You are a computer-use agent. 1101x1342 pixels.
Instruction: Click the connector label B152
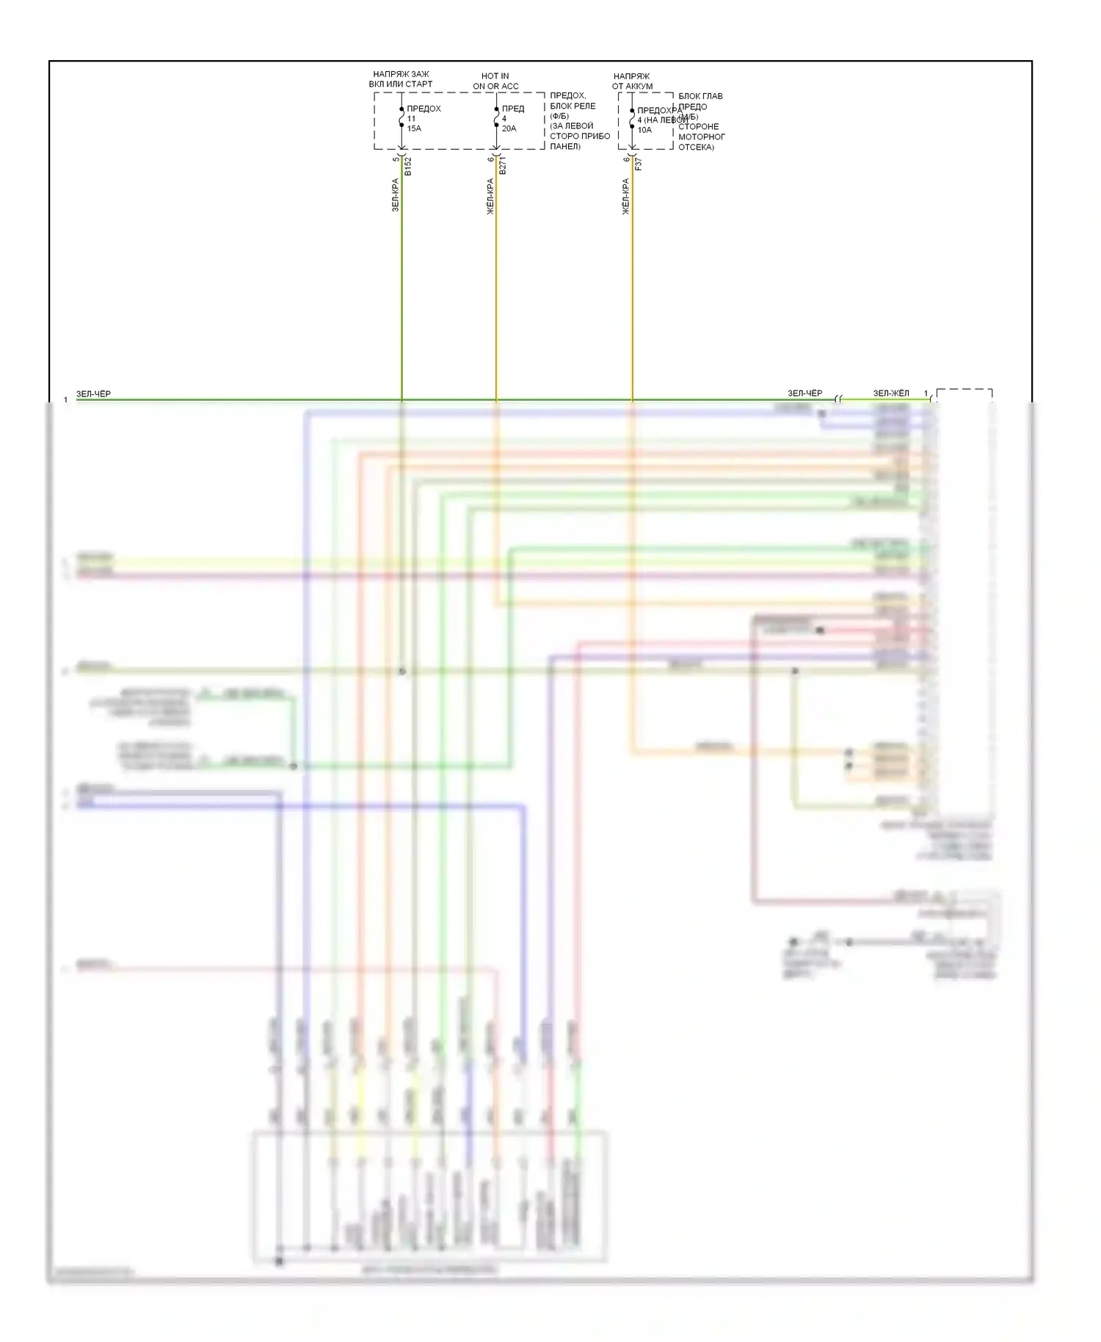(x=408, y=166)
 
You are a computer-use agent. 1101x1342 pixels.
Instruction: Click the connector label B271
(x=503, y=166)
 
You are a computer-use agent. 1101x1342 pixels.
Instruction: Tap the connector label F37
(x=638, y=164)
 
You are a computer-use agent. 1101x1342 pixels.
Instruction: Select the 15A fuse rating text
(x=414, y=128)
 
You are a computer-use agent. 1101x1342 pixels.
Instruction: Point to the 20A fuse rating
(x=509, y=128)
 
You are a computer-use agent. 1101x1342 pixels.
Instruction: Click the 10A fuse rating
(x=644, y=130)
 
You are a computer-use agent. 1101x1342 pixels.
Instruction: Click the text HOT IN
(x=495, y=76)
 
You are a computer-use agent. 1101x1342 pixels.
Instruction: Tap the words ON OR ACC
(x=495, y=86)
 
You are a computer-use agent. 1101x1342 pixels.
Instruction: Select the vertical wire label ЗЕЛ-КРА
(x=395, y=195)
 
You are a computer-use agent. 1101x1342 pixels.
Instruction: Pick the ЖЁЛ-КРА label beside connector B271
(x=490, y=196)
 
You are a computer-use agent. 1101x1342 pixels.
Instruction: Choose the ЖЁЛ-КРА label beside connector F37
(x=626, y=196)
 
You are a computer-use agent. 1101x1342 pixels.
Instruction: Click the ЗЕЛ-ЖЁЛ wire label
(x=891, y=393)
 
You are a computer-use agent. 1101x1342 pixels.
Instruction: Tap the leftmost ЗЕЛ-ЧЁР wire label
(x=93, y=394)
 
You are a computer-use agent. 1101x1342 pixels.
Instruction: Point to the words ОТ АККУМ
(x=632, y=86)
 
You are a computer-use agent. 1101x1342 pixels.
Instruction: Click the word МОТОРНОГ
(x=701, y=137)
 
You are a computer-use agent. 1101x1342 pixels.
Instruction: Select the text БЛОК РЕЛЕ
(x=573, y=106)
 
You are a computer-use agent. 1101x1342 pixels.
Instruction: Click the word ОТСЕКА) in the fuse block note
(x=696, y=147)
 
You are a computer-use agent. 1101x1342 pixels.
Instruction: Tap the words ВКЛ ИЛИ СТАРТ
(x=401, y=84)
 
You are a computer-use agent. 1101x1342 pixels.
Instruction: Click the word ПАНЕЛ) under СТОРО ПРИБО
(x=565, y=146)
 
